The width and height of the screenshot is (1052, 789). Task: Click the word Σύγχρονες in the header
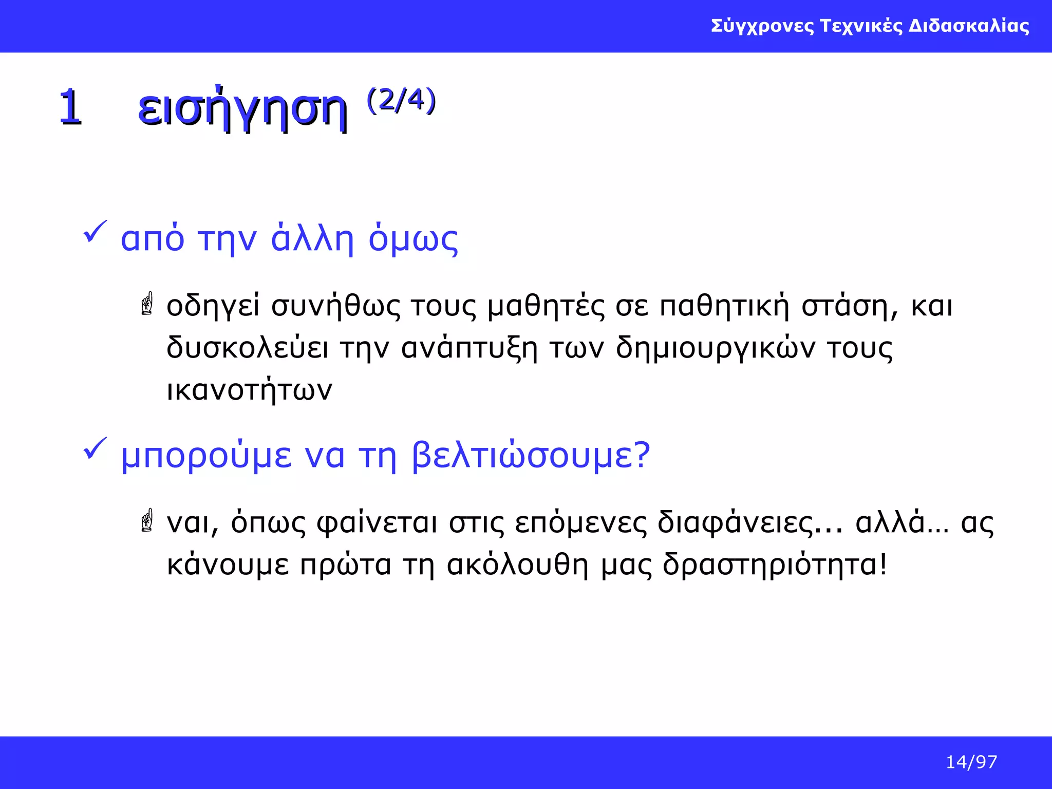pyautogui.click(x=762, y=26)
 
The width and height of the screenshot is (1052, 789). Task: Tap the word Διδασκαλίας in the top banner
pyautogui.click(x=969, y=26)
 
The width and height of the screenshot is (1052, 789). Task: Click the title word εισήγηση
pyautogui.click(x=242, y=108)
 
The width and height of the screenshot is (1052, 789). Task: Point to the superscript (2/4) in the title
pyautogui.click(x=401, y=100)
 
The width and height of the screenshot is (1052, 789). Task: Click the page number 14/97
pyautogui.click(x=971, y=762)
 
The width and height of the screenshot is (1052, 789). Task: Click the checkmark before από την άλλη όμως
pyautogui.click(x=95, y=232)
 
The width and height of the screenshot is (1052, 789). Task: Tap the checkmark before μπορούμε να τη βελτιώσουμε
pyautogui.click(x=95, y=448)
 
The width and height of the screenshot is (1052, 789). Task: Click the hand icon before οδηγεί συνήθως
pyautogui.click(x=147, y=304)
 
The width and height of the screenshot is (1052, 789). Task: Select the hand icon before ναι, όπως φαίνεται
pyautogui.click(x=147, y=520)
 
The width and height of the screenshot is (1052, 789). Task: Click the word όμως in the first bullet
pyautogui.click(x=413, y=239)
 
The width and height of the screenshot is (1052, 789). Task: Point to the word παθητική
pyautogui.click(x=724, y=306)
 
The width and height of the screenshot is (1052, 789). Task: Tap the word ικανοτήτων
pyautogui.click(x=250, y=390)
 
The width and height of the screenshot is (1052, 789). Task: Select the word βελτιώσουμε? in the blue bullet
pyautogui.click(x=531, y=456)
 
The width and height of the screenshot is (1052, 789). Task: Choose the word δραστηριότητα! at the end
pyautogui.click(x=775, y=565)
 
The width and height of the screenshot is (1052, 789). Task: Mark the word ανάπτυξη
pyautogui.click(x=469, y=348)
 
